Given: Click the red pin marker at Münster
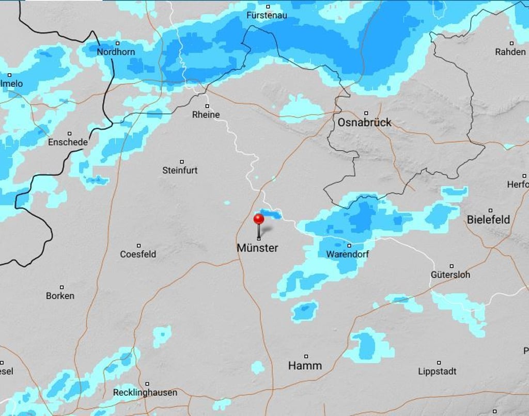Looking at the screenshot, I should (x=259, y=219).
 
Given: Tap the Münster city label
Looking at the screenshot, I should (x=257, y=248).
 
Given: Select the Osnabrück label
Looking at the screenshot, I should (x=365, y=122).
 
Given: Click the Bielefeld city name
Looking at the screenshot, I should (x=488, y=219).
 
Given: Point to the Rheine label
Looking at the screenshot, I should (x=206, y=115).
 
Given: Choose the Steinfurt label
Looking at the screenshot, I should (x=180, y=170).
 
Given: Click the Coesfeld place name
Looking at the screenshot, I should (x=138, y=254).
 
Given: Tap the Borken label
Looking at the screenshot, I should (x=60, y=296).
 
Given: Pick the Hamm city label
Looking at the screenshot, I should (x=305, y=365).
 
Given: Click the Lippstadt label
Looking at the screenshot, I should (x=437, y=371).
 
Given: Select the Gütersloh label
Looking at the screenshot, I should (x=450, y=275).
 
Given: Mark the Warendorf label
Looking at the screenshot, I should (x=348, y=254).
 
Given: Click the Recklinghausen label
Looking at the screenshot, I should (x=145, y=392).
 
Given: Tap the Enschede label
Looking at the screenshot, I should (x=68, y=142).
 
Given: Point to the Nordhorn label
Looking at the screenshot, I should (x=116, y=52).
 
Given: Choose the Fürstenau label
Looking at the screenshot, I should (x=267, y=15).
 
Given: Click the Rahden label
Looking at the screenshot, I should (x=510, y=52).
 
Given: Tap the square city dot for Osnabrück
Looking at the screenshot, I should (x=366, y=113).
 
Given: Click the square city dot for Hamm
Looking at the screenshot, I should (x=306, y=356).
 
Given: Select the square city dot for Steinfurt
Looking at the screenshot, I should (x=181, y=162).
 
